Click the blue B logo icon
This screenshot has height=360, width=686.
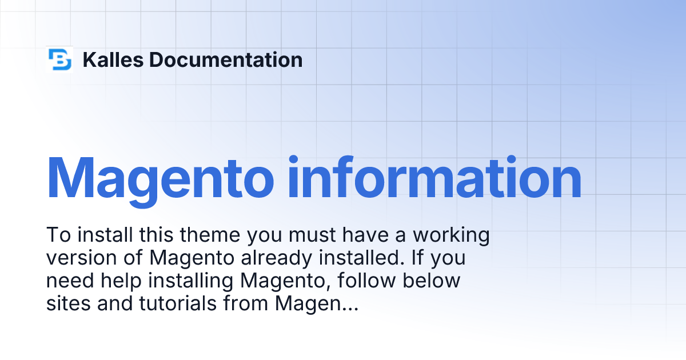59,59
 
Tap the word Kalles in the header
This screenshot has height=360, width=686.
113,59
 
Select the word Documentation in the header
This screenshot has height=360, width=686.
226,59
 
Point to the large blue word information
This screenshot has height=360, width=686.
434,178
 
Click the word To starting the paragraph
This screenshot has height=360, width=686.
58,235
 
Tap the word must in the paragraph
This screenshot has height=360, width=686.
312,235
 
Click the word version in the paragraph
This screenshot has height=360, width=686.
81,258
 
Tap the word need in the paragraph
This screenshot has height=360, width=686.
70,281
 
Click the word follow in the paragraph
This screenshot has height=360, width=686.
366,281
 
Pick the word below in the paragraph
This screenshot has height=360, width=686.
431,281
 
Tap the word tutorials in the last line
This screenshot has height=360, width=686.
178,303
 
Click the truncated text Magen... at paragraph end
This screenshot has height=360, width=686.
317,304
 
